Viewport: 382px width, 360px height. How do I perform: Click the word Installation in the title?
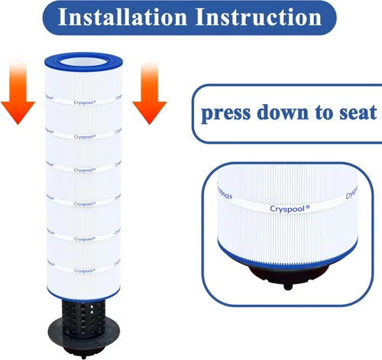tap(123, 17)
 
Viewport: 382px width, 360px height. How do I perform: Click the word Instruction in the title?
tap(258, 17)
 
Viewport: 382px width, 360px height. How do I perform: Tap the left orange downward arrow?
tap(18, 92)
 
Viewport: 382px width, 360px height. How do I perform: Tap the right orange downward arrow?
tap(150, 92)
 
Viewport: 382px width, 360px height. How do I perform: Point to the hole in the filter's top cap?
tap(83, 62)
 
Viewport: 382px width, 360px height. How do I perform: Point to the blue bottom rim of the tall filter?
tap(83, 297)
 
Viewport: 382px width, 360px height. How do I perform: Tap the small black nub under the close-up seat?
tap(288, 287)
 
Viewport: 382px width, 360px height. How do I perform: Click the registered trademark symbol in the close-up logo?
tap(307, 207)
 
